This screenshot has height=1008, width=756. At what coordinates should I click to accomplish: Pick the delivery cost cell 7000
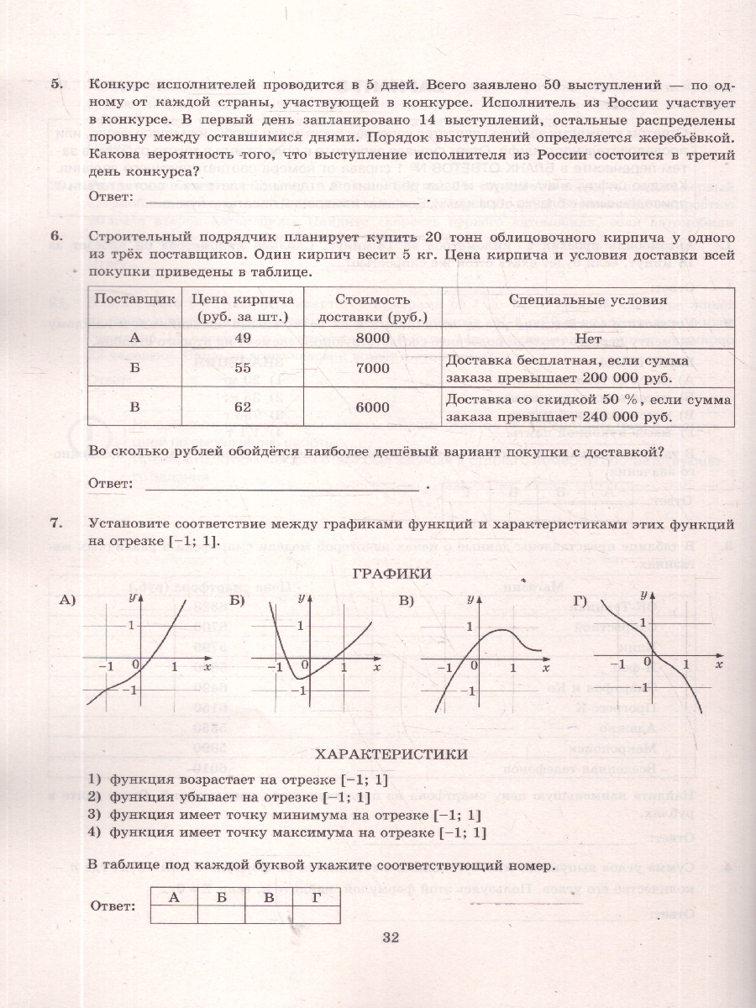[x=372, y=368]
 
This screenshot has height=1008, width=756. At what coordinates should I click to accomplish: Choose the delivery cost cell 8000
[x=372, y=337]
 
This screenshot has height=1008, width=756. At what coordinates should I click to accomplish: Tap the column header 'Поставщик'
[x=134, y=300]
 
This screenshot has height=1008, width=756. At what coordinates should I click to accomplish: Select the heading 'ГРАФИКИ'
[x=392, y=573]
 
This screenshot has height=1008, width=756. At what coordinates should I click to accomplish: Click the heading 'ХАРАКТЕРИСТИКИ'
[x=392, y=754]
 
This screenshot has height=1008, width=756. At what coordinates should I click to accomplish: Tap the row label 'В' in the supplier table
[x=134, y=407]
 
